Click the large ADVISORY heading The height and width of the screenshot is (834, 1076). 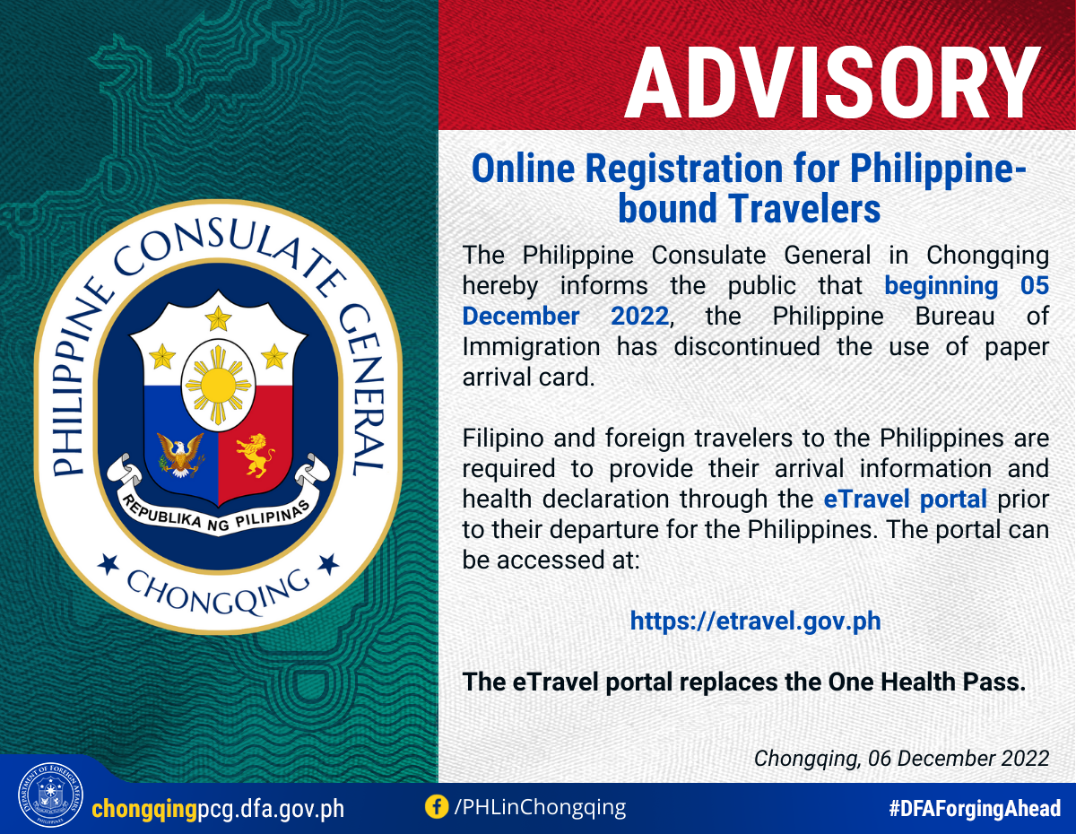click(832, 83)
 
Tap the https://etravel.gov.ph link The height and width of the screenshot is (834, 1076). click(756, 621)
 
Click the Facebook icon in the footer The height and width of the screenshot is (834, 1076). click(437, 807)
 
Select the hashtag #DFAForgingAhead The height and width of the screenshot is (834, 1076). click(975, 809)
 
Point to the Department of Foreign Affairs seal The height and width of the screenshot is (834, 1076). click(50, 795)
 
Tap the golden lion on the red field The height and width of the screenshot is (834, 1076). click(255, 455)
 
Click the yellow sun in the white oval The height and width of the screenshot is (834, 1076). click(218, 385)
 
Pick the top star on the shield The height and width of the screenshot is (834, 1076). click(218, 317)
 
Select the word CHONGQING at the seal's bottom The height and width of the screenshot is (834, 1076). click(218, 592)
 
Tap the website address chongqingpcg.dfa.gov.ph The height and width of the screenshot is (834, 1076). click(218, 809)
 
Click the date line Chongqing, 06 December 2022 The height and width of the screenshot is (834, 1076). click(901, 759)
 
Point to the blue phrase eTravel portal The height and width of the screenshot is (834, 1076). click(905, 499)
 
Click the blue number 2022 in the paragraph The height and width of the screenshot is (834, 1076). click(639, 316)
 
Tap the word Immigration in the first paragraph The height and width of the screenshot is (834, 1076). click(531, 346)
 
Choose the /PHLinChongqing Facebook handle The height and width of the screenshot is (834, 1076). click(540, 807)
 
